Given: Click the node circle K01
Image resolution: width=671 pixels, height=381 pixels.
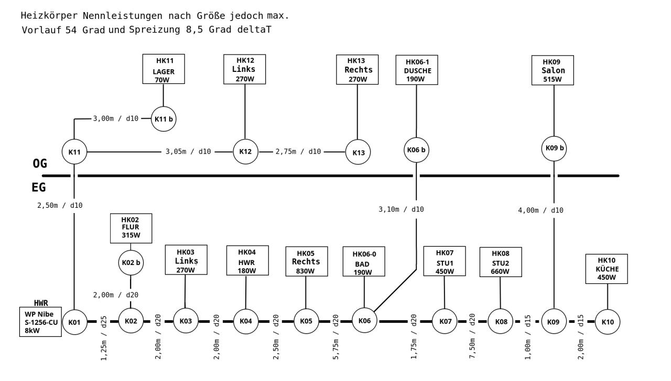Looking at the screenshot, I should [x=74, y=322].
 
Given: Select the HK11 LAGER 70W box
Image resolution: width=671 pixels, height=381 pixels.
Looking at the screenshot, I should [x=164, y=68].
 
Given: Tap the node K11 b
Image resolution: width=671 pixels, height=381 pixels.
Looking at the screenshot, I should [x=164, y=119].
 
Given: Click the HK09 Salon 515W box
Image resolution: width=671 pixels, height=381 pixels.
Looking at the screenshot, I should [x=553, y=70].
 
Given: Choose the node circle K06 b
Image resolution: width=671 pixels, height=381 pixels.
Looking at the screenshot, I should [x=416, y=150].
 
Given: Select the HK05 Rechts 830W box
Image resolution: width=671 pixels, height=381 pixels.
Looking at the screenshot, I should [x=306, y=261].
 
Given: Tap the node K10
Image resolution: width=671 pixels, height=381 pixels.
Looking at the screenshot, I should [x=608, y=322].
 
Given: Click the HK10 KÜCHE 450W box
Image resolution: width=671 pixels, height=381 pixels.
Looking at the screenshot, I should [x=607, y=269].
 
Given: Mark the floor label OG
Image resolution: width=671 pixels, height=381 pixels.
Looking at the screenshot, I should [x=39, y=164].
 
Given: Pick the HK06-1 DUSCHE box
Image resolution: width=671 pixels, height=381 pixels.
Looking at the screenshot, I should [x=417, y=70].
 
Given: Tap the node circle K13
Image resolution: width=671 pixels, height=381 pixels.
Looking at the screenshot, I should [x=358, y=153].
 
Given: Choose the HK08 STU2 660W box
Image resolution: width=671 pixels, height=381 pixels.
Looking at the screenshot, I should [x=500, y=262].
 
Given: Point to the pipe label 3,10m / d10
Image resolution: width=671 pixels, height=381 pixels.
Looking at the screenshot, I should [x=401, y=209].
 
